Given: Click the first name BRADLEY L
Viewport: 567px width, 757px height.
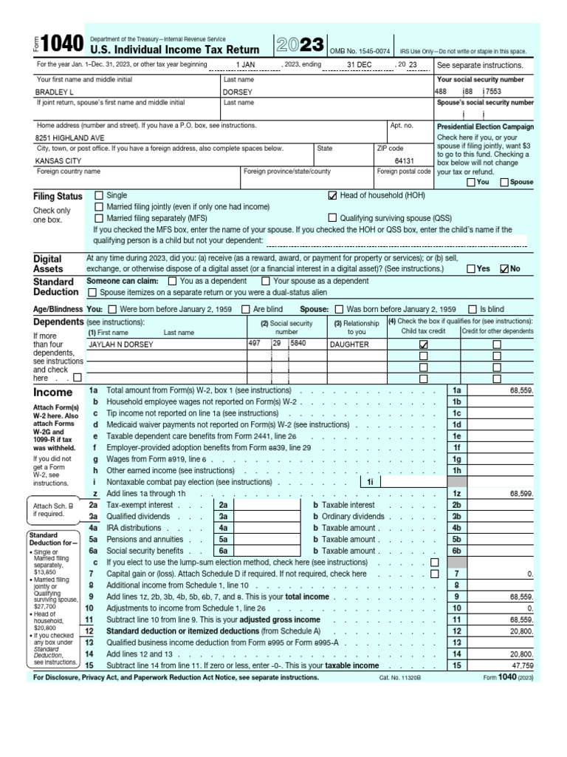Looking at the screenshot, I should (55, 92).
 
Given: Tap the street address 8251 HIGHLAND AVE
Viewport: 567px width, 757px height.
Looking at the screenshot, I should (69, 138).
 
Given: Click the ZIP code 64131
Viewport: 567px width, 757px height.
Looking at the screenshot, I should (404, 160).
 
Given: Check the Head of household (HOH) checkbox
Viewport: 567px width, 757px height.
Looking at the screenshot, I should (332, 196).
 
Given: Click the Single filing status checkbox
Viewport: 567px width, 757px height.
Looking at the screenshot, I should (100, 196).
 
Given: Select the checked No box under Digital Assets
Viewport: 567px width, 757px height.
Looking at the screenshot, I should (505, 269).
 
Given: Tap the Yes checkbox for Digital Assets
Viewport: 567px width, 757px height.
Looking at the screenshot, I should (471, 269).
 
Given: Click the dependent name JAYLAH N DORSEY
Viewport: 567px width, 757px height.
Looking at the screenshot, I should (121, 344).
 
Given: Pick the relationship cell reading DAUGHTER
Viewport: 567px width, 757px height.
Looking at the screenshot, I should (349, 344).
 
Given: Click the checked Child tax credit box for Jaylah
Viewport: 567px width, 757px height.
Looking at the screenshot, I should (423, 344).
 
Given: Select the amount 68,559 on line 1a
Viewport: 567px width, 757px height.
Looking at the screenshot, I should (520, 390).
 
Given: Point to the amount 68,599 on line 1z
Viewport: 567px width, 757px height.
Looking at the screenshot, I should (520, 492).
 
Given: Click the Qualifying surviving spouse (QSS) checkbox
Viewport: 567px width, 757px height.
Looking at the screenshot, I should (332, 218).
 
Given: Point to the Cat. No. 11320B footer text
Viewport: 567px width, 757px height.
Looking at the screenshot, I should (399, 677).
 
